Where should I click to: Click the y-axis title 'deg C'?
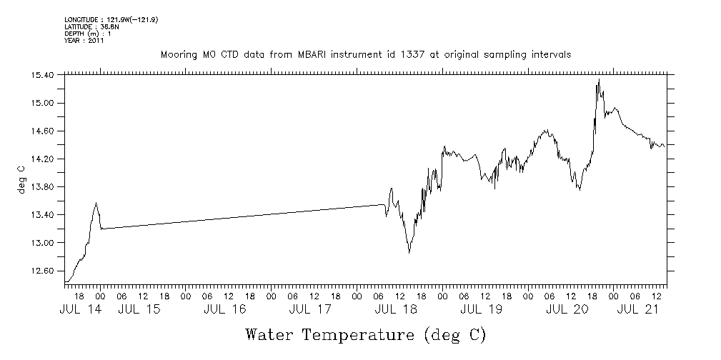coord(21,179)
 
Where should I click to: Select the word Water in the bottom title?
coord(271,334)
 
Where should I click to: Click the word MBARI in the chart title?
coord(327,55)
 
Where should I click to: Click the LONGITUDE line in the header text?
coord(111,20)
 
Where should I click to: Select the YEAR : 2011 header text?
coord(84,41)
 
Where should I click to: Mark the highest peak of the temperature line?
coord(599,79)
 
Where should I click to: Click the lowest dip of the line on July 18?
coord(409,252)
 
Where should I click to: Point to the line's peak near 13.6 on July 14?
coord(96,203)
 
